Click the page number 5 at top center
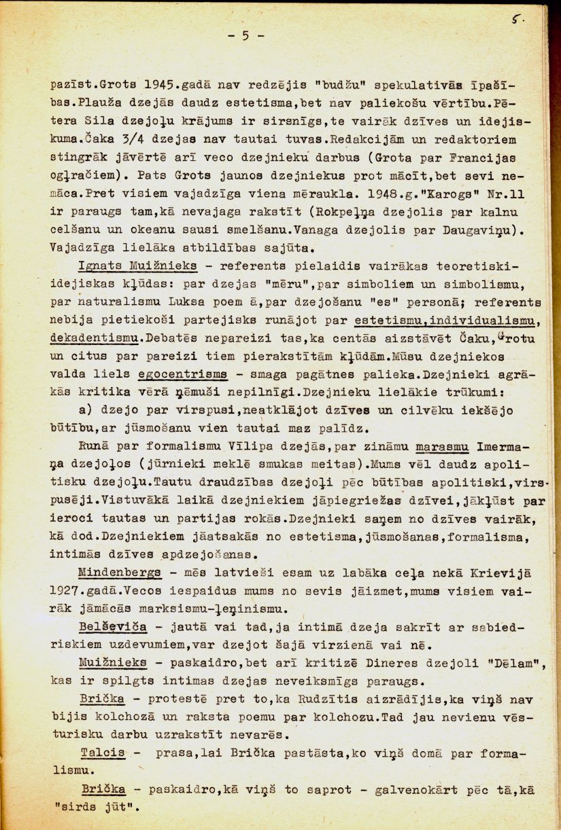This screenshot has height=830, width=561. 245,37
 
